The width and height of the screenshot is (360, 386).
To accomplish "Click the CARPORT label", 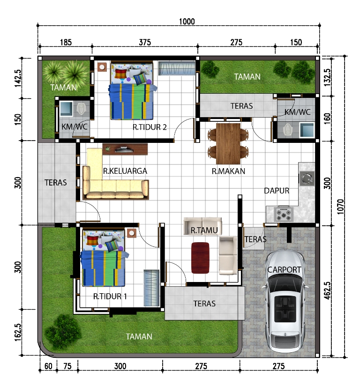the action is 284,269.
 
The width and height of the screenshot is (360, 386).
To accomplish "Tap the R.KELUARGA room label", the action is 125,171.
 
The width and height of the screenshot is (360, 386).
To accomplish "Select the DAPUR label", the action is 277,191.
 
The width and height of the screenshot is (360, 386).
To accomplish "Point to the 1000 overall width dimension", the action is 187,22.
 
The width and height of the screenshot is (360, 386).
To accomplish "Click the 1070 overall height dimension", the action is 340,207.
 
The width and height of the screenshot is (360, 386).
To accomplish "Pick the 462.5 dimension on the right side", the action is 327,290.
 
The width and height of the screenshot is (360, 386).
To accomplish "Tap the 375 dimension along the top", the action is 145,42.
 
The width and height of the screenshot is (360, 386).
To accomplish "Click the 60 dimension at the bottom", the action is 48,366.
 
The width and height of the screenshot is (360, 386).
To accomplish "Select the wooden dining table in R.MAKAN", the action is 228,143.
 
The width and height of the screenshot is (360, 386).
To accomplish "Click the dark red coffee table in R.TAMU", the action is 200,258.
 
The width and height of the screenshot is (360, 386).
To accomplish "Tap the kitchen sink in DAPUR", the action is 307,178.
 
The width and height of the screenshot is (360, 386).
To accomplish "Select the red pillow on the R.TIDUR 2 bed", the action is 121,74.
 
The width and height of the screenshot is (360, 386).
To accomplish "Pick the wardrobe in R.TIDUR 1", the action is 151,288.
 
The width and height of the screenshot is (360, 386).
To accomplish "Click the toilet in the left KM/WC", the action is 81,109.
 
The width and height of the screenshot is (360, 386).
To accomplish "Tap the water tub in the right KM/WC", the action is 307,129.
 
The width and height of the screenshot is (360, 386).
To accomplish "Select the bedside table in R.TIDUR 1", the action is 132,233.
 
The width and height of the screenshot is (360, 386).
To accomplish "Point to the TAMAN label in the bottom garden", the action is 139,336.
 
